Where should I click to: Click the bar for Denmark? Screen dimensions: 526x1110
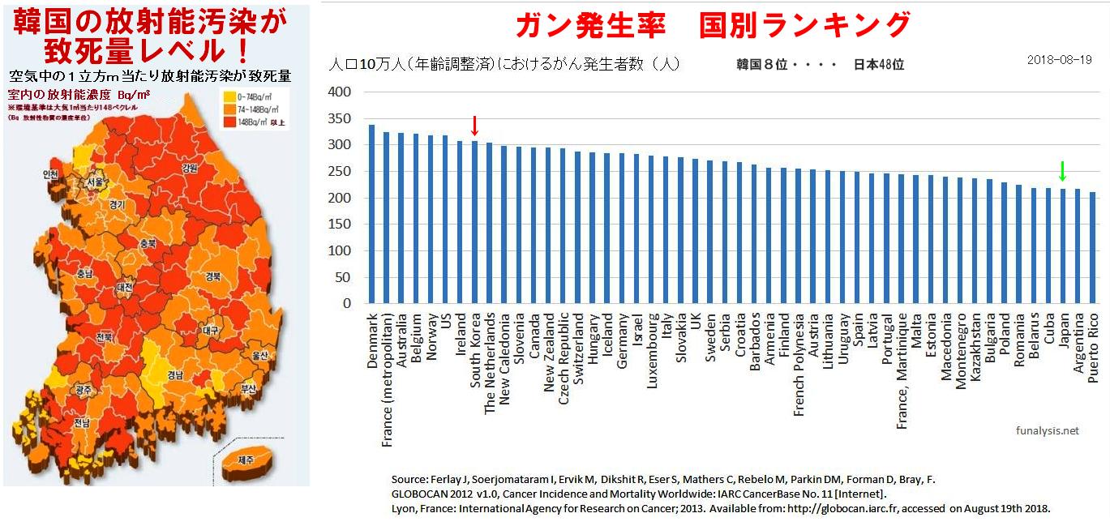371,214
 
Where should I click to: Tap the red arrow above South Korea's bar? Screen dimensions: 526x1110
475,126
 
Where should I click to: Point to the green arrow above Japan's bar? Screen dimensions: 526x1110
1062,171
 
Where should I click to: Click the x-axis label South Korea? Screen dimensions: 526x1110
476,350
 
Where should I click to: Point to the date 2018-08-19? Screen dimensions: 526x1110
1059,60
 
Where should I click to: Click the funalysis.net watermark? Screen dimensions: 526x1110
1047,431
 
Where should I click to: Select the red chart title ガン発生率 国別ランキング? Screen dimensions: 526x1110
714,25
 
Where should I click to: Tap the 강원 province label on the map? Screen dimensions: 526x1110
190,169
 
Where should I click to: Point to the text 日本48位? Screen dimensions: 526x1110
878,64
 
